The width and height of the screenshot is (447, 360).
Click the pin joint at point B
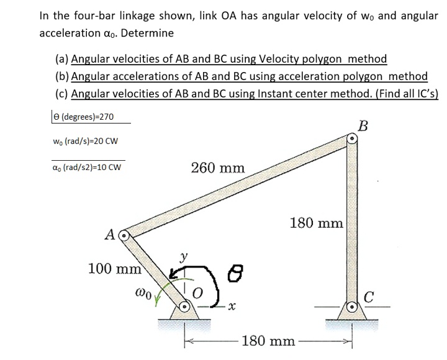[351, 140]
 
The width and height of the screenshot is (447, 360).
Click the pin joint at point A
[124, 236]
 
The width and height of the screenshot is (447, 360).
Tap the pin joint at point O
[186, 306]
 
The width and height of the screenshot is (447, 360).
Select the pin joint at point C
[351, 306]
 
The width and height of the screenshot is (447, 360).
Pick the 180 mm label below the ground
[268, 341]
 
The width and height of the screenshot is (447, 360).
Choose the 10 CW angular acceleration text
[106, 166]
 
